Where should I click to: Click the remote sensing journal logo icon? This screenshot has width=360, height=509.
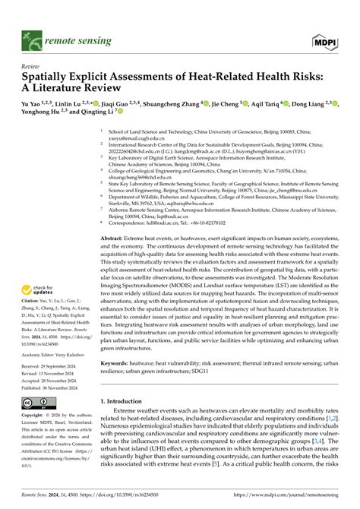click(30, 35)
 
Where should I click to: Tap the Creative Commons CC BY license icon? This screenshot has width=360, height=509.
click(36, 404)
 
